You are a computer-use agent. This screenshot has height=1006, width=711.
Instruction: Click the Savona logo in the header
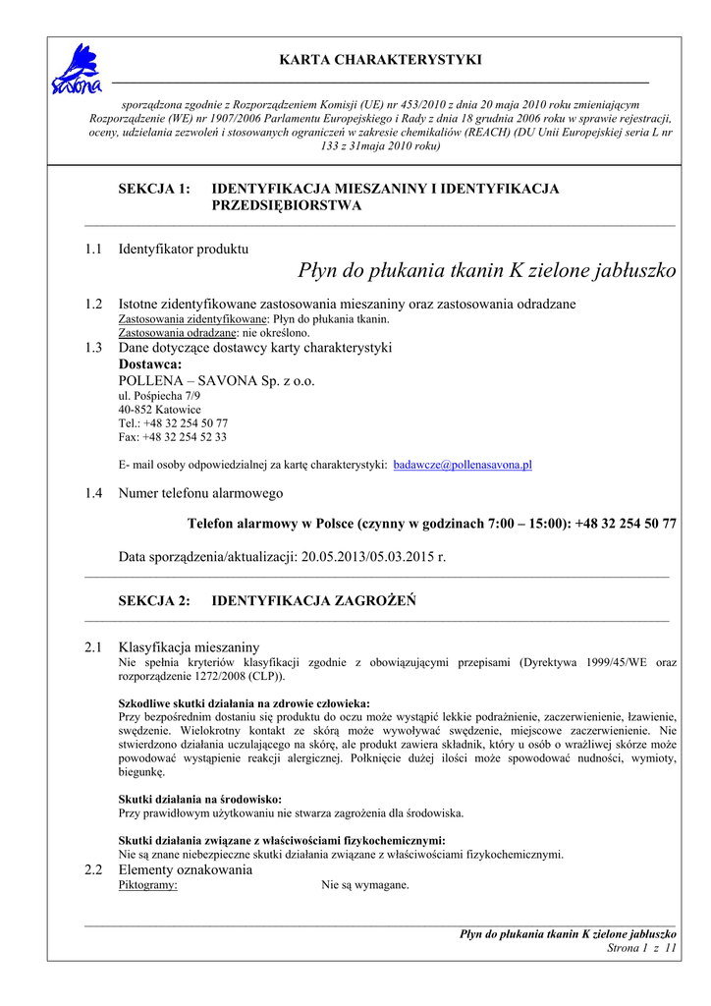click(76, 70)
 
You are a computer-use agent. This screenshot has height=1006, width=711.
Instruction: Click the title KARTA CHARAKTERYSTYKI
click(380, 61)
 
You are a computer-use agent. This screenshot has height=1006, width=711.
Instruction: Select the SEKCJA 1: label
click(154, 189)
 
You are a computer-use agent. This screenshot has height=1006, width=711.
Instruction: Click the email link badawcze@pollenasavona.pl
click(463, 465)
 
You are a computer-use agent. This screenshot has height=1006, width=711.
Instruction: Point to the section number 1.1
click(93, 250)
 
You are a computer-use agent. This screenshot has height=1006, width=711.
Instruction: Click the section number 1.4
click(93, 493)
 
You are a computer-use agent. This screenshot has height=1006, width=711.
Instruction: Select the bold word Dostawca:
click(150, 363)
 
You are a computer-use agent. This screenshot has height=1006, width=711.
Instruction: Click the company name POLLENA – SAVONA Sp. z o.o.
click(216, 380)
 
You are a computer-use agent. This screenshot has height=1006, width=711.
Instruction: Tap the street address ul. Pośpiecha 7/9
click(159, 396)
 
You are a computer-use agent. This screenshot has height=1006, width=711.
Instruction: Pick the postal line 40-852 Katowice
click(159, 410)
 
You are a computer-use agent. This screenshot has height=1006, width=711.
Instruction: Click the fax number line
click(172, 437)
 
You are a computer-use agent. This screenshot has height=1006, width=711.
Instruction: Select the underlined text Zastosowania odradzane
click(177, 333)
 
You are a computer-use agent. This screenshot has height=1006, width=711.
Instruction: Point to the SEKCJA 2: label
click(154, 601)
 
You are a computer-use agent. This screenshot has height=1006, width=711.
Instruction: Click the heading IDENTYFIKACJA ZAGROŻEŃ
click(313, 601)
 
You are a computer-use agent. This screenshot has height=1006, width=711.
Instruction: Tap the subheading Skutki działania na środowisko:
click(200, 800)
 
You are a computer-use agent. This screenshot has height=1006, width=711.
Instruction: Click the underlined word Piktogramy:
click(147, 885)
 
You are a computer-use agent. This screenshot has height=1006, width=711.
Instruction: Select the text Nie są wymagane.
click(364, 885)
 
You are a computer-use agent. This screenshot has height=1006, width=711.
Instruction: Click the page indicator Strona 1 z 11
click(642, 948)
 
